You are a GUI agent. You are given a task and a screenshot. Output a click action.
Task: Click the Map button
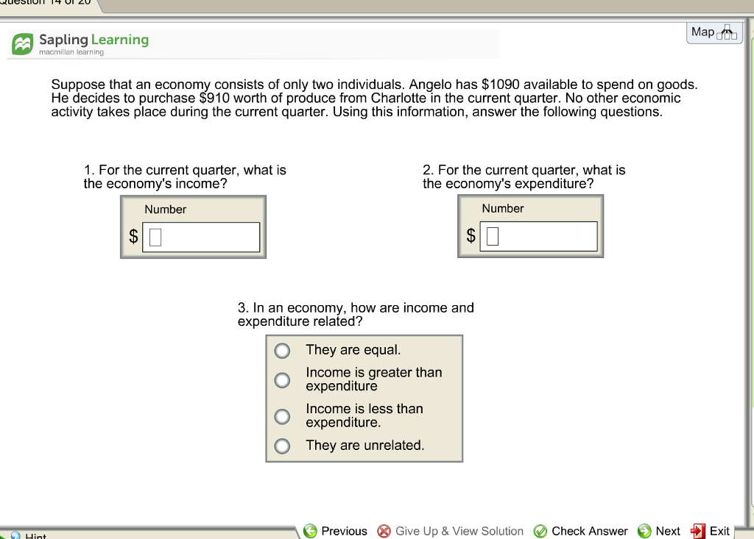[x=714, y=32]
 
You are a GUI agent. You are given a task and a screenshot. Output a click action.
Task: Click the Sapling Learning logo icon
[x=23, y=45]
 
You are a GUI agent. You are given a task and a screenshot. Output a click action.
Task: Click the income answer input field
[x=201, y=237]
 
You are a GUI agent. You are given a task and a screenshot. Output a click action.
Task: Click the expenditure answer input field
[x=538, y=236]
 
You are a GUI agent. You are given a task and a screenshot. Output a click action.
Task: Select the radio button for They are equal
[x=282, y=351]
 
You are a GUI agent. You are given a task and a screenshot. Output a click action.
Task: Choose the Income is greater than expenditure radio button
[x=282, y=380]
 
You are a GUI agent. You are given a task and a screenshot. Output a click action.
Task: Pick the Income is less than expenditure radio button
[x=282, y=416]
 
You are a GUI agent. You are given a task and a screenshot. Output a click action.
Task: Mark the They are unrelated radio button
[x=282, y=446]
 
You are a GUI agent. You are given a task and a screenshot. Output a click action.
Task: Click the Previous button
[x=335, y=531]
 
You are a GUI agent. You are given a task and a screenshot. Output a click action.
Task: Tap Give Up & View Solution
[x=451, y=531]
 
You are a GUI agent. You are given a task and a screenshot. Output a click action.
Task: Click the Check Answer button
[x=580, y=531]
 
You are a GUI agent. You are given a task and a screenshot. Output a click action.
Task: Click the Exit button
[x=711, y=531]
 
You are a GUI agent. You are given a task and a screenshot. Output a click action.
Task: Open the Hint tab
[x=29, y=535]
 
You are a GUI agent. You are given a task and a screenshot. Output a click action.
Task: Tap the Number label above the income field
[x=165, y=210]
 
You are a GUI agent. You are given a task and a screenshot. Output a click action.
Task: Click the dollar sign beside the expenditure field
[x=471, y=236]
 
